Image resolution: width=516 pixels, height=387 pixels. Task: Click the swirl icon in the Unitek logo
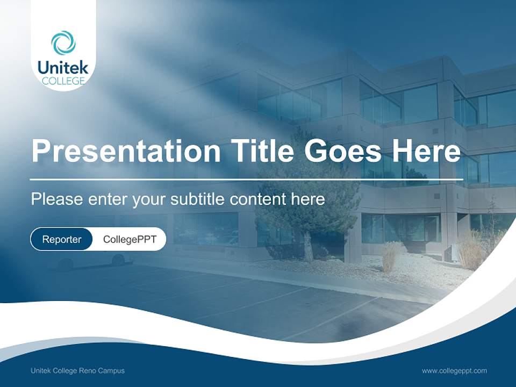click(63, 42)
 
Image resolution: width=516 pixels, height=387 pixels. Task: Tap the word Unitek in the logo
click(63, 68)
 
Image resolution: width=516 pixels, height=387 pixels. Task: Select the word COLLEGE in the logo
click(63, 81)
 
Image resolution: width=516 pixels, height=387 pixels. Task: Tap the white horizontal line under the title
click(246, 179)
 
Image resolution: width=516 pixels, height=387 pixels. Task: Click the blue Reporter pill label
click(62, 239)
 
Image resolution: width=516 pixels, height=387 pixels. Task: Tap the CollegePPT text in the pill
click(130, 239)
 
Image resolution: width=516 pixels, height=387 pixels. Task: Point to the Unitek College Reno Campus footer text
click(77, 371)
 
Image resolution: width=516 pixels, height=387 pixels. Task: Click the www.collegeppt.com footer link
click(454, 371)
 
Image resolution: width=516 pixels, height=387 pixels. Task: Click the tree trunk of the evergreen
click(309, 247)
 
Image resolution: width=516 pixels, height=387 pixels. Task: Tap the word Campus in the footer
click(113, 371)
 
